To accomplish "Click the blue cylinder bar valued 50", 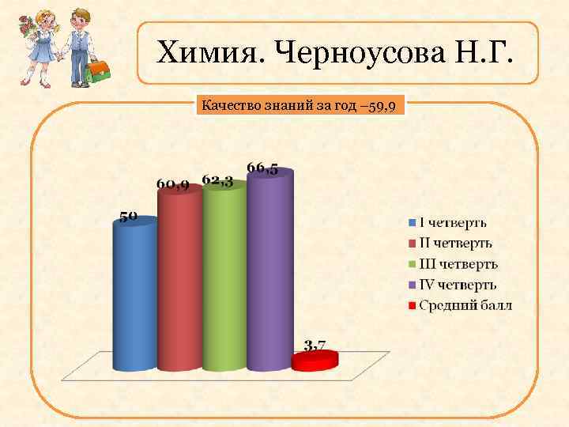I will [x=134, y=297].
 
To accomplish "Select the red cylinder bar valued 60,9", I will [x=179, y=281].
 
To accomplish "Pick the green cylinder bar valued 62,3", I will [x=224, y=277].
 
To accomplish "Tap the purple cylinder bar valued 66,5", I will [x=269, y=269].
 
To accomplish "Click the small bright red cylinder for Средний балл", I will [x=315, y=361].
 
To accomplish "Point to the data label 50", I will [x=129, y=214].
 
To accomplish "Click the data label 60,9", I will [x=171, y=184].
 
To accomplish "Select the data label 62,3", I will [x=217, y=180].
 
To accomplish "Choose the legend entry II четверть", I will [x=456, y=243].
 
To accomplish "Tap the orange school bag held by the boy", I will [x=97, y=70].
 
